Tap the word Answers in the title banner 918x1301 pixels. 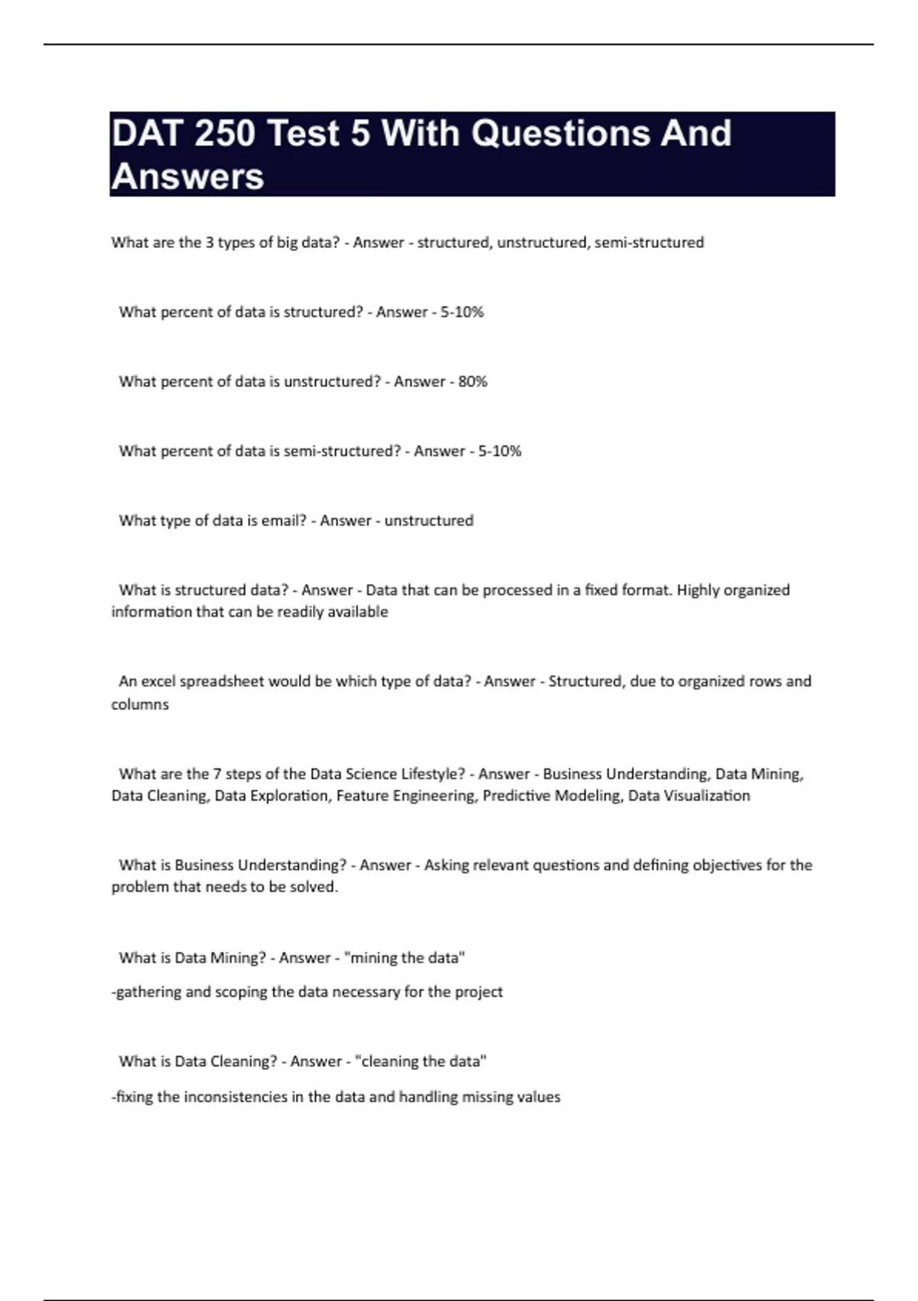[x=188, y=177]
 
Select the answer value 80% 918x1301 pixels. [x=473, y=381]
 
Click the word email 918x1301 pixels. [x=283, y=520]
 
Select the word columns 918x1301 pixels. [x=140, y=704]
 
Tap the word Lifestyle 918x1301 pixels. [x=432, y=774]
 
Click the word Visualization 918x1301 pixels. [x=705, y=796]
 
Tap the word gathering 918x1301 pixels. [x=148, y=992]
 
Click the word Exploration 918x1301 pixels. [x=272, y=796]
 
